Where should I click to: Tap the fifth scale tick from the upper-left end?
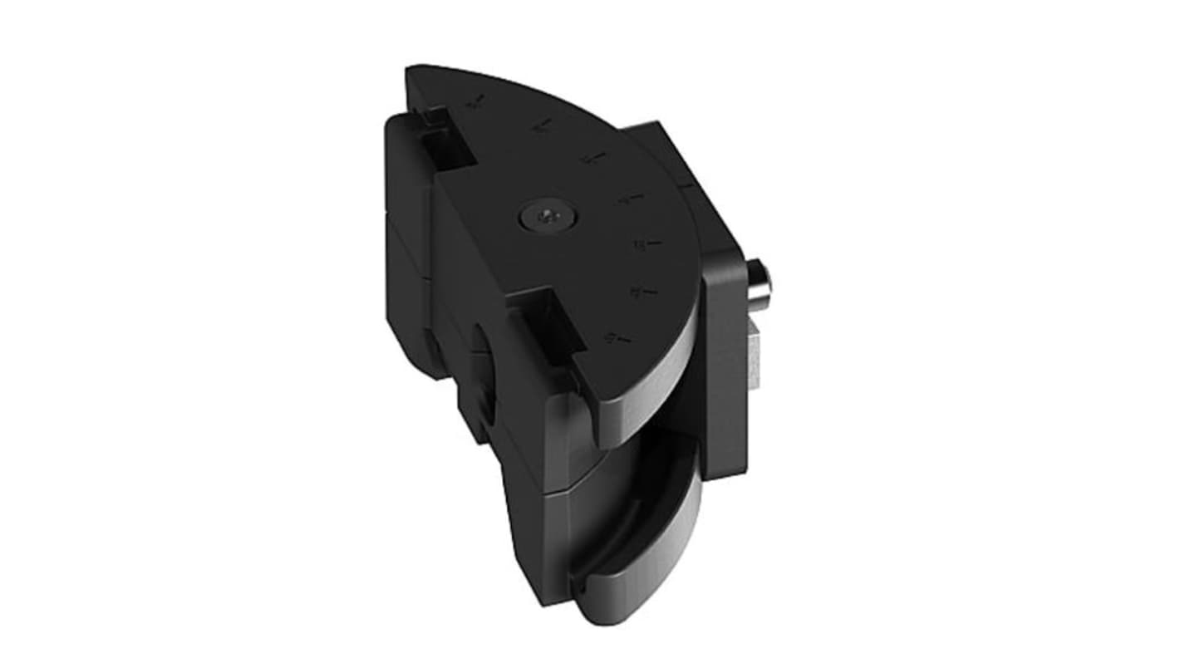[x=647, y=244]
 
